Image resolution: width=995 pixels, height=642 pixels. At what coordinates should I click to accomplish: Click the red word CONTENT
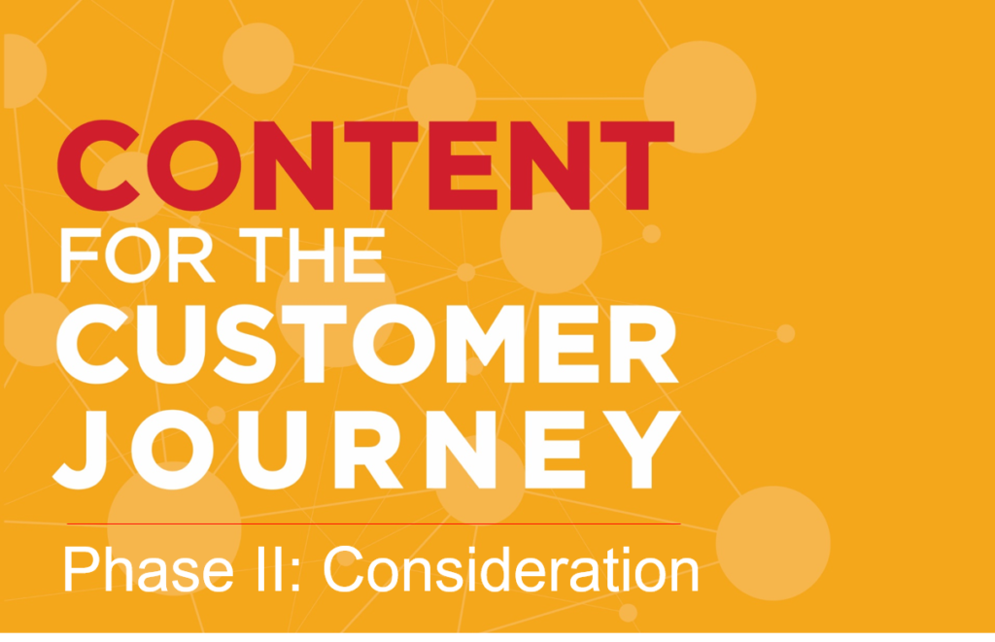[x=365, y=165]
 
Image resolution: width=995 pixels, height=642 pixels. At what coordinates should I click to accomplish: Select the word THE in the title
[x=312, y=255]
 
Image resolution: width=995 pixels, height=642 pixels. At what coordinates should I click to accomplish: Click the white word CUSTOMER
[x=368, y=345]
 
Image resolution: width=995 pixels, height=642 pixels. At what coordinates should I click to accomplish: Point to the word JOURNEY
[x=366, y=450]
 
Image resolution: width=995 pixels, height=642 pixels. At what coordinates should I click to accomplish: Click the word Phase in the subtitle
[x=149, y=569]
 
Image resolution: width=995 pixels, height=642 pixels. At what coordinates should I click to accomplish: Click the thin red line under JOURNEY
[x=374, y=524]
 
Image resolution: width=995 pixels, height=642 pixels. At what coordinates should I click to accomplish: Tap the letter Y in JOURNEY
[x=641, y=449]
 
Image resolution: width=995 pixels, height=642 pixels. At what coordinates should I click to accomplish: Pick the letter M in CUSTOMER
[x=486, y=345]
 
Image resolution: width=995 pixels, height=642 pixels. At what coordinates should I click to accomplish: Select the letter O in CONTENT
[x=193, y=165]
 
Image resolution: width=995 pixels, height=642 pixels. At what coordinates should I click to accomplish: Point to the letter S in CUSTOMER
[x=245, y=345]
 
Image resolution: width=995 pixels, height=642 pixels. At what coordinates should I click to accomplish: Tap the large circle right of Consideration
[x=772, y=543]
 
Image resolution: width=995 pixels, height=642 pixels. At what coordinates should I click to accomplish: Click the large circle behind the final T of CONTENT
[x=700, y=97]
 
